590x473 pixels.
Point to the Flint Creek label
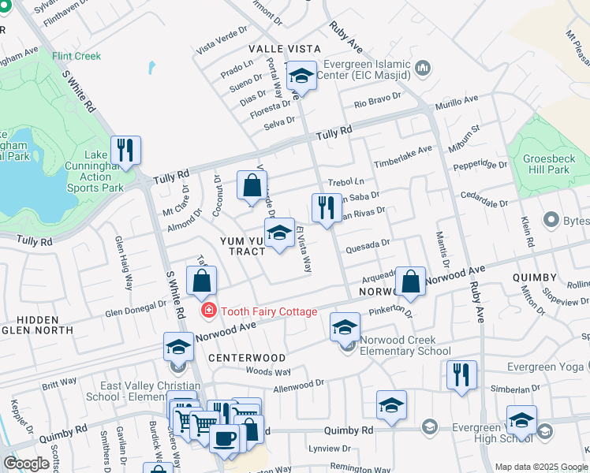coord(77,57)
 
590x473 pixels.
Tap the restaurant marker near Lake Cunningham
coord(125,149)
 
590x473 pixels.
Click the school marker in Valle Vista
coord(301,76)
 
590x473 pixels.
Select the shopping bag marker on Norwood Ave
coord(410,281)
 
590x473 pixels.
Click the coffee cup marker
coord(225,438)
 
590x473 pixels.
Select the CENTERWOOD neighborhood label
coord(247,357)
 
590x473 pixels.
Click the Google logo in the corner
coord(26,464)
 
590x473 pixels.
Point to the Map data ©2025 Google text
coord(541,467)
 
